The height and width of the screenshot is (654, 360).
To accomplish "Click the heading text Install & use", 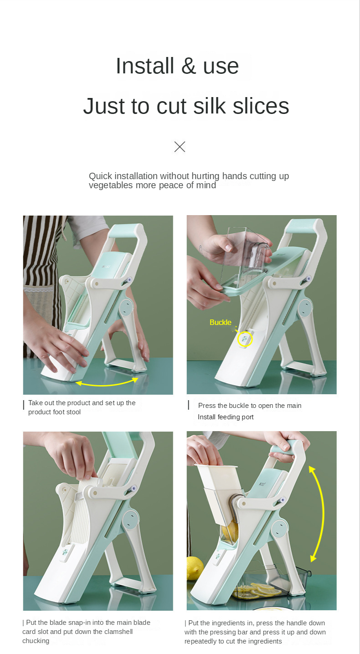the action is [177, 66].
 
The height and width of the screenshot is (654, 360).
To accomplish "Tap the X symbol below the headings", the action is [180, 147].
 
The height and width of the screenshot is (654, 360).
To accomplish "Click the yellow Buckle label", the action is [221, 322].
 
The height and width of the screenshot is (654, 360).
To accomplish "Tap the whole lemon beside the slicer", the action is [195, 568].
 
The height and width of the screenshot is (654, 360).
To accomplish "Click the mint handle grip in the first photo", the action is [126, 231].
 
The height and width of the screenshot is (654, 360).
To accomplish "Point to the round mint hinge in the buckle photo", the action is [305, 308].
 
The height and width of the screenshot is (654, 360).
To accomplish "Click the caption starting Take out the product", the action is [82, 407].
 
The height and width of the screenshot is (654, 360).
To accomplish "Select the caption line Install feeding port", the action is [226, 417].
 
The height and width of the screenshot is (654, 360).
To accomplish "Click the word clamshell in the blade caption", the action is [118, 632].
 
